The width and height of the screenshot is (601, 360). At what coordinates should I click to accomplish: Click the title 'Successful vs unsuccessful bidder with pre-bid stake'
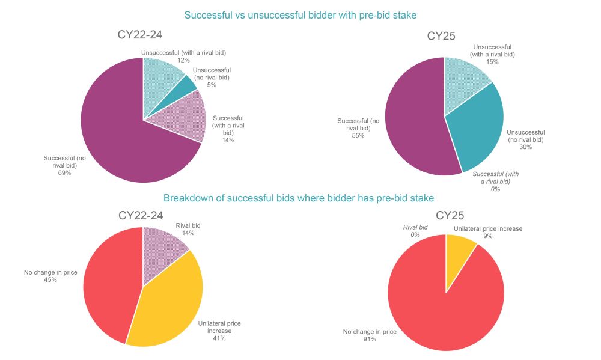(x=300, y=14)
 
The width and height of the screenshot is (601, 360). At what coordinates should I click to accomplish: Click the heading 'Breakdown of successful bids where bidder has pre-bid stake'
(x=299, y=198)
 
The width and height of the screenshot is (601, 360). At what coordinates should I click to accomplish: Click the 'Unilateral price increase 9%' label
(x=487, y=232)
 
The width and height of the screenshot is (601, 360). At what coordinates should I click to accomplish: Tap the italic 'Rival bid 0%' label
(x=415, y=231)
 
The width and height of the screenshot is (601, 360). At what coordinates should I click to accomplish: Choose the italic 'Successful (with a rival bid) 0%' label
(x=496, y=181)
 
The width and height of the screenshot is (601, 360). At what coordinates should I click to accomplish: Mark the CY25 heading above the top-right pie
(x=441, y=36)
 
